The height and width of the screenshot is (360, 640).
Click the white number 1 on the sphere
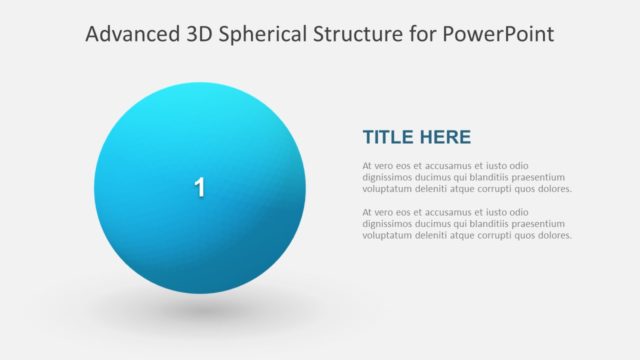click(199, 187)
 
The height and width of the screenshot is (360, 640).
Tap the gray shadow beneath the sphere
click(200, 311)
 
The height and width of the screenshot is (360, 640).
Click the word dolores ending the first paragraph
click(553, 189)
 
